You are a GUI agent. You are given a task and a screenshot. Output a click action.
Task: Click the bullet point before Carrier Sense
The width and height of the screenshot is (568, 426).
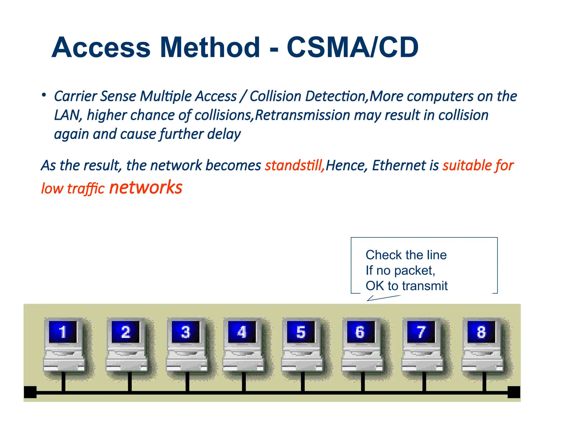point(44,95)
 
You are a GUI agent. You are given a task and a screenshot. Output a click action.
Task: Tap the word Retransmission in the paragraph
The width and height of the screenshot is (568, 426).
point(302,115)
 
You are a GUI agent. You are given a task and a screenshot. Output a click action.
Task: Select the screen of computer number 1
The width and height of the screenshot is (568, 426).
point(63,332)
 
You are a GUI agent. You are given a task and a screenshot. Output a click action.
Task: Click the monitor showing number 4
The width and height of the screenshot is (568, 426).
point(242,332)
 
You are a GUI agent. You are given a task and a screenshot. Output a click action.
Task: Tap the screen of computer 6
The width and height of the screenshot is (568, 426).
point(360,332)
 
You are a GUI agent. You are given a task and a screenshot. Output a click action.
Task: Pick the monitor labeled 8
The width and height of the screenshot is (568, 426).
point(481,332)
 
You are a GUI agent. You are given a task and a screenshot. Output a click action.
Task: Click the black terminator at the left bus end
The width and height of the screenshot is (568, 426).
point(30,392)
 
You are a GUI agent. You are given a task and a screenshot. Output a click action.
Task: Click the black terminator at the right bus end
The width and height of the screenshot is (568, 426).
point(514,392)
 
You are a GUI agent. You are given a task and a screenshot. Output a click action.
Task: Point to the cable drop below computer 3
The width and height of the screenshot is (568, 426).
point(187,381)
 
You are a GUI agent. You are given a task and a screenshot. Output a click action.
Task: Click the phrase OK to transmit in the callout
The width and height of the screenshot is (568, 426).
point(406,286)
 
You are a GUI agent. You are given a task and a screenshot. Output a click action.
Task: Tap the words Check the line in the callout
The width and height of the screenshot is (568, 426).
point(406,255)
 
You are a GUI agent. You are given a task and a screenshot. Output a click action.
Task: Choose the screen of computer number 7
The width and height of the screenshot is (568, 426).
point(421,332)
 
